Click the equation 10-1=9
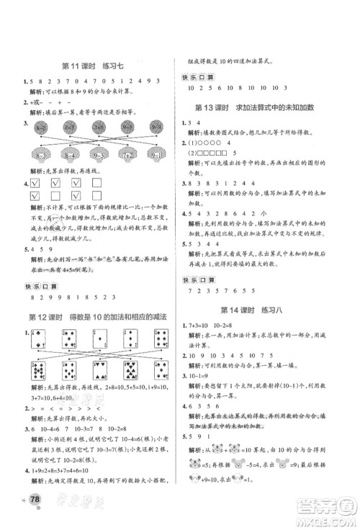point(200,376)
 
